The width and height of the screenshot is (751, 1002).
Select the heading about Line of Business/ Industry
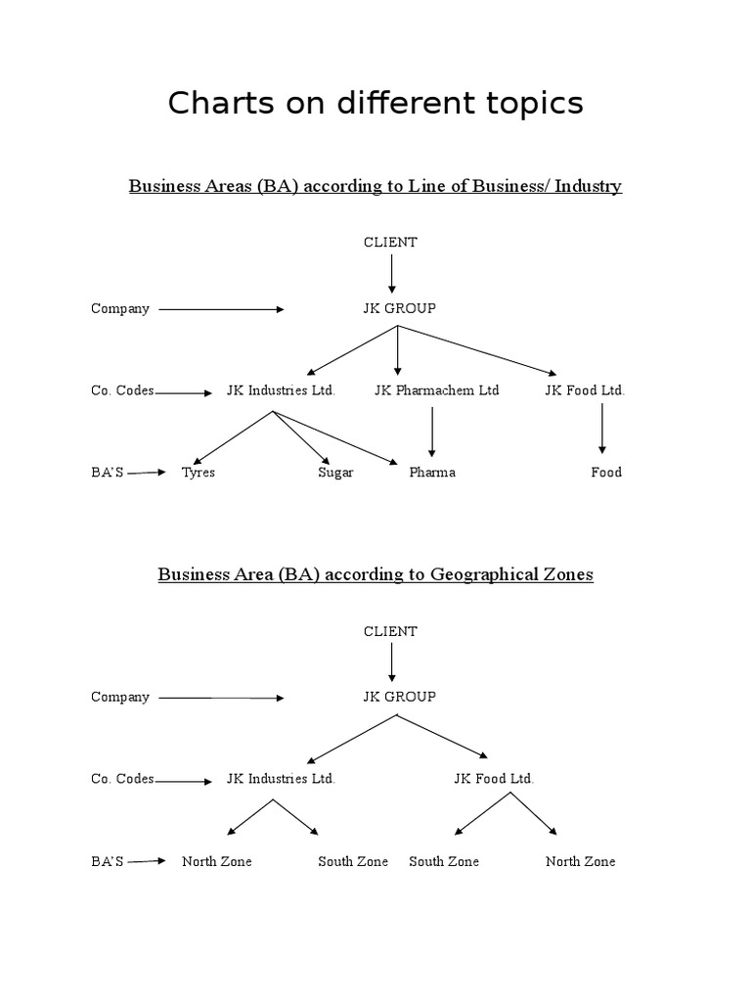[375, 186]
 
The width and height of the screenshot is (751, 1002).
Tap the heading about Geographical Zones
[375, 574]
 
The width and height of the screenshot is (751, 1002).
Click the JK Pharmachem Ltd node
[436, 390]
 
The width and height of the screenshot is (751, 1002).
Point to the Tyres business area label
[199, 473]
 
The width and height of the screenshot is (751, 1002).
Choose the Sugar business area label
[335, 473]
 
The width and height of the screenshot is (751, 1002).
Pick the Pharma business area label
[432, 473]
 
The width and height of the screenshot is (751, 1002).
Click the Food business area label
[606, 473]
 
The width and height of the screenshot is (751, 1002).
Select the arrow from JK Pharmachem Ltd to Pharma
[432, 431]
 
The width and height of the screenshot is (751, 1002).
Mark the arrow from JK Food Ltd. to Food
[602, 429]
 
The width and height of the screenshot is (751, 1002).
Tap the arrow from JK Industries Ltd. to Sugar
[301, 436]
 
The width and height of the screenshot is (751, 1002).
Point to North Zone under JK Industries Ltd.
[216, 861]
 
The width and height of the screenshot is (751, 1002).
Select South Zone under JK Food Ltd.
[444, 861]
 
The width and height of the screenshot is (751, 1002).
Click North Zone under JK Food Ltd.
[580, 861]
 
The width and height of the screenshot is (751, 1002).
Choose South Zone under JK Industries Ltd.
[353, 861]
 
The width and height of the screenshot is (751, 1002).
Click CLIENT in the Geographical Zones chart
[390, 631]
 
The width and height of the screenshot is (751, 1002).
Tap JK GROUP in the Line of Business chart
[399, 308]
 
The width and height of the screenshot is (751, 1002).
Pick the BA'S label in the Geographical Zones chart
[108, 861]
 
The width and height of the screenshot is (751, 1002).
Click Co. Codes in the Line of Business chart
[122, 390]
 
